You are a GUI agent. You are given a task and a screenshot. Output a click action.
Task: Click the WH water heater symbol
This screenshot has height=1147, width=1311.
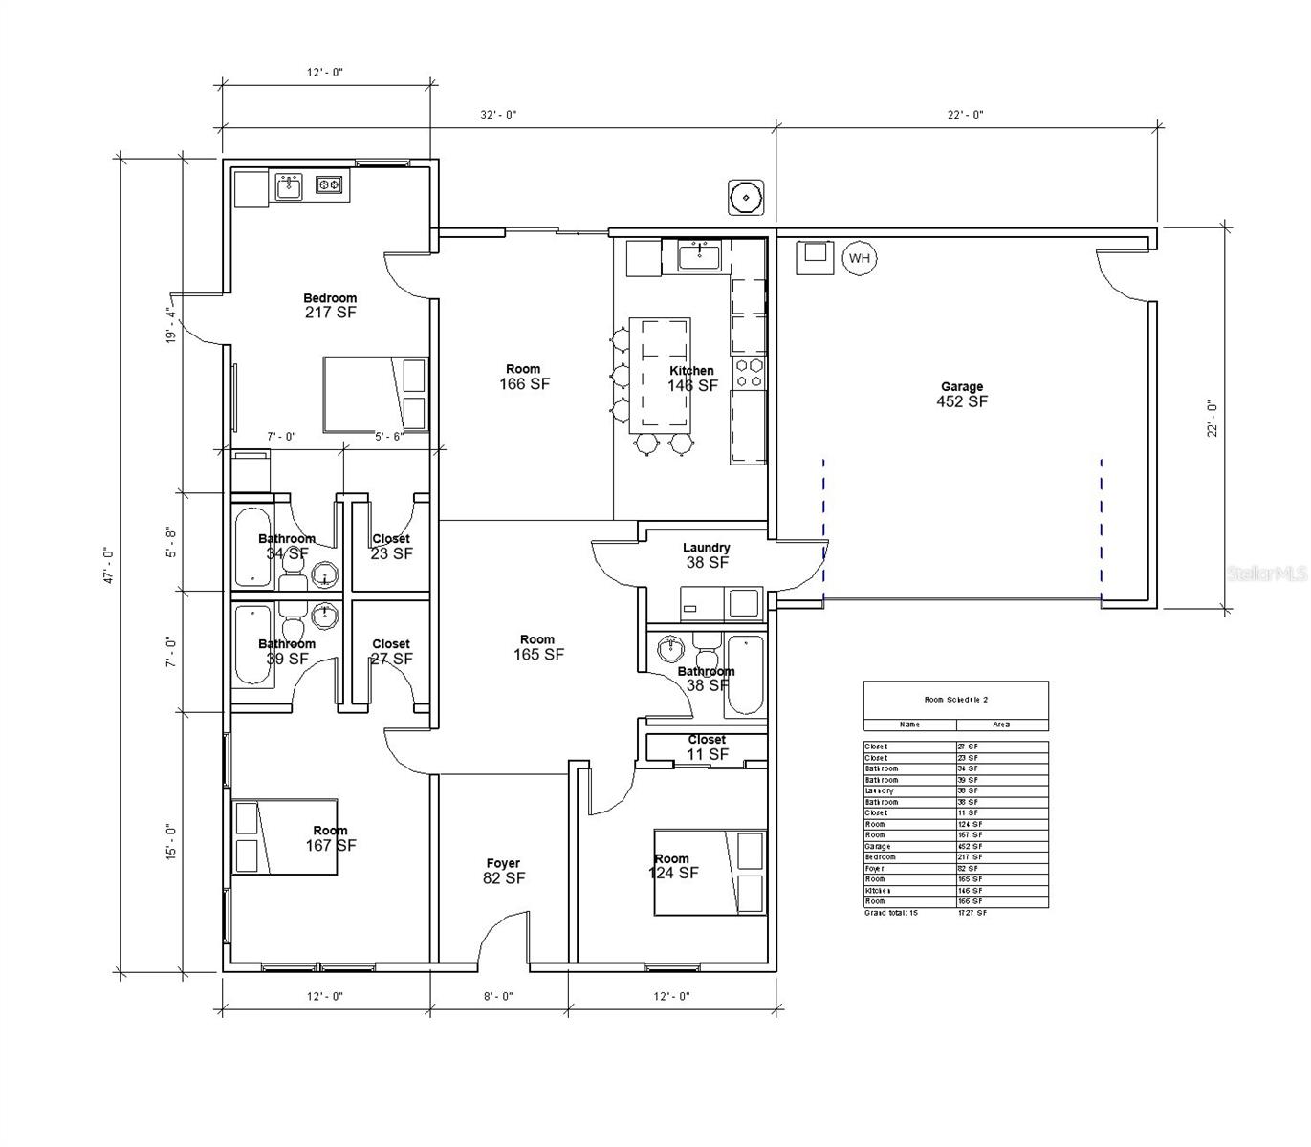coord(859,258)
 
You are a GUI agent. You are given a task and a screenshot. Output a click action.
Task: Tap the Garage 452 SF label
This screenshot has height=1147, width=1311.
coord(962,395)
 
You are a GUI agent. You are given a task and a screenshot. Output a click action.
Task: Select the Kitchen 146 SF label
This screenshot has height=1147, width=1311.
coord(692,379)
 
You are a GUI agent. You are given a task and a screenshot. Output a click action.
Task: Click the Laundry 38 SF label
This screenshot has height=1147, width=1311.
coord(707,555)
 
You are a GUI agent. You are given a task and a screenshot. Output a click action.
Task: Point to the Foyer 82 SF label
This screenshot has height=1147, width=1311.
coord(503,871)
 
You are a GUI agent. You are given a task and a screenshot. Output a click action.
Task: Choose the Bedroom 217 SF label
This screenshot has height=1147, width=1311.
coord(330,305)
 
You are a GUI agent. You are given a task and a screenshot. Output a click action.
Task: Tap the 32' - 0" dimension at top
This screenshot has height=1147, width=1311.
coord(498,115)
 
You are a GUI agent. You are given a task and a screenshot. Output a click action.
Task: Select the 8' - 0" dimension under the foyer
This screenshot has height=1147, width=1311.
coord(498,996)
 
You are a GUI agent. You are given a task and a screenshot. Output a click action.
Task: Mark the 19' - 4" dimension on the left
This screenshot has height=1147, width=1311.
coord(171,325)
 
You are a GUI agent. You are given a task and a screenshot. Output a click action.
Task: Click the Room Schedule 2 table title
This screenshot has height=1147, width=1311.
coord(955,700)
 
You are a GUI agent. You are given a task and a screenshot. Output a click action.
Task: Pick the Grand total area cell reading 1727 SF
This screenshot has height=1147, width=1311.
coord(972,913)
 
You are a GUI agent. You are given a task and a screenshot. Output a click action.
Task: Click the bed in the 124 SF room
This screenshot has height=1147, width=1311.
coord(710,873)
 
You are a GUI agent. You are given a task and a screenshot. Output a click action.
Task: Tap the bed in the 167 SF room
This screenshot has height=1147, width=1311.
coord(285,836)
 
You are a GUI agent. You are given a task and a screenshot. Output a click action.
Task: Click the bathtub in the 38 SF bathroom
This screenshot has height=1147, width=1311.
coord(745,676)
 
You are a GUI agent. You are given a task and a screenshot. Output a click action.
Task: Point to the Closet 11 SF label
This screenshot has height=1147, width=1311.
coord(707,747)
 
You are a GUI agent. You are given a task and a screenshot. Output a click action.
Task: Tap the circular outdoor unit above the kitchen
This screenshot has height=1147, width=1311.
coord(744,198)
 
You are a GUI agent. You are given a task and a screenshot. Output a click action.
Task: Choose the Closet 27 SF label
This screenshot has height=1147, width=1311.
coord(391,652)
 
